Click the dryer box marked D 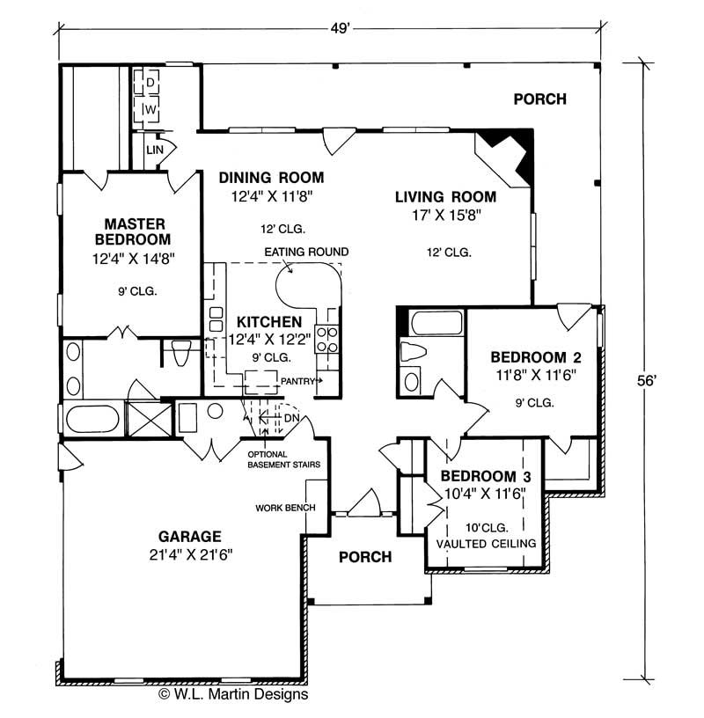(150, 82)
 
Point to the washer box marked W (150, 109)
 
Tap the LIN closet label (156, 150)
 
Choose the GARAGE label (189, 535)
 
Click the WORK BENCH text (280, 508)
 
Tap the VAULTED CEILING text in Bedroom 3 (487, 544)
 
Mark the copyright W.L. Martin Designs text (233, 694)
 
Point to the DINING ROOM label (271, 177)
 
